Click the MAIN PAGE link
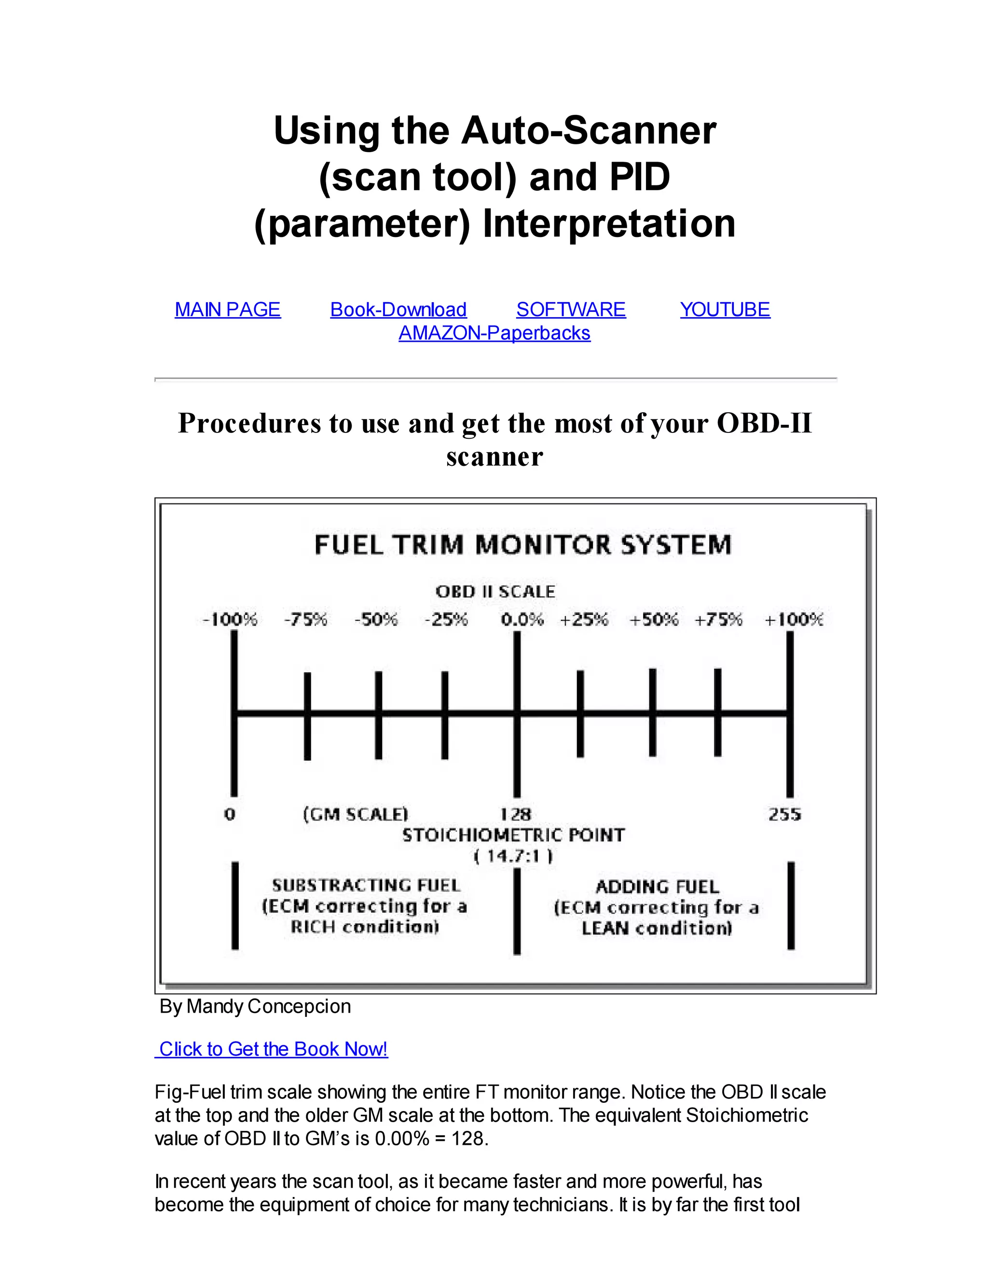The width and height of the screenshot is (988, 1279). (x=228, y=309)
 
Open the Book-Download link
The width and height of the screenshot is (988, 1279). (x=398, y=309)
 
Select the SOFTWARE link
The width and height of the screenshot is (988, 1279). (x=571, y=309)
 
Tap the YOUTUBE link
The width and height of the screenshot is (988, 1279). (x=725, y=309)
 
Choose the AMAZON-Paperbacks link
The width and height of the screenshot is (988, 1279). (x=494, y=333)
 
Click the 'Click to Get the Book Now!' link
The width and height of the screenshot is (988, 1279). (x=273, y=1049)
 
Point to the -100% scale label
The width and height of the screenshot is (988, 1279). (x=230, y=619)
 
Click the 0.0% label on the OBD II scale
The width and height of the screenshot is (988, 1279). (x=522, y=619)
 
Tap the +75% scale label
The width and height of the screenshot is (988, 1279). (x=718, y=619)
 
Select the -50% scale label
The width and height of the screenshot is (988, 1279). (x=376, y=619)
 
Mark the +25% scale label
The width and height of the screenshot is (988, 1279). (x=584, y=619)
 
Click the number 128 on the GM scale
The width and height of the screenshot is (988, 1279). (x=516, y=814)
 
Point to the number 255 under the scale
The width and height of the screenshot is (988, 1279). (x=785, y=814)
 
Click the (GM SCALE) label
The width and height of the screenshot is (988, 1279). (x=355, y=814)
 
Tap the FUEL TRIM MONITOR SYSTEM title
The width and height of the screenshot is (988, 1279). (x=522, y=544)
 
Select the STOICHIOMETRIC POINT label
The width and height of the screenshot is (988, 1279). (x=513, y=835)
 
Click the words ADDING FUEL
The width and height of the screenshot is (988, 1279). (x=657, y=887)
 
